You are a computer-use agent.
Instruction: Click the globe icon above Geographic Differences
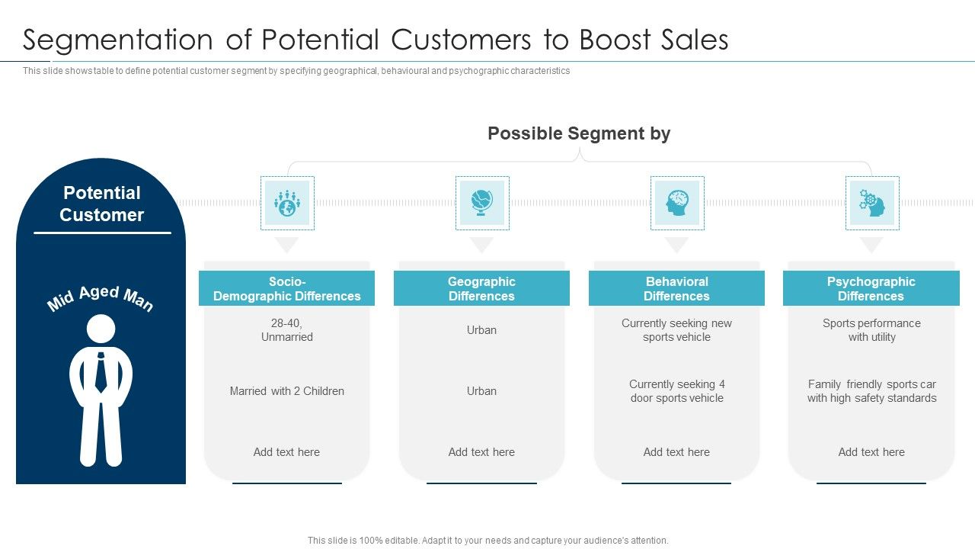click(481, 203)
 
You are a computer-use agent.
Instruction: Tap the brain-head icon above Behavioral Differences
click(676, 203)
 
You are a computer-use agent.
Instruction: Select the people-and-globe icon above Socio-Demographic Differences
click(286, 203)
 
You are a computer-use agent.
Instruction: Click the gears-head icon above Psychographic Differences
click(871, 203)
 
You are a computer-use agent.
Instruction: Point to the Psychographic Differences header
click(871, 289)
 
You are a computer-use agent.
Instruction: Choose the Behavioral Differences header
click(676, 289)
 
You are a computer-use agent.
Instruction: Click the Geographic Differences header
click(481, 289)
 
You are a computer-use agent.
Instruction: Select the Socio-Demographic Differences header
click(286, 289)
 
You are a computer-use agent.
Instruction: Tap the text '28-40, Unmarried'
click(286, 330)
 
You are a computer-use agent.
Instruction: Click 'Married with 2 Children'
click(286, 391)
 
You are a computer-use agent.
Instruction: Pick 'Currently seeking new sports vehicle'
click(676, 330)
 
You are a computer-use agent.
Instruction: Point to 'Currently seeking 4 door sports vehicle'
click(676, 391)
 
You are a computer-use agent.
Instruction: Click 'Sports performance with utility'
click(871, 330)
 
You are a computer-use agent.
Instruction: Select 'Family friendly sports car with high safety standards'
click(871, 391)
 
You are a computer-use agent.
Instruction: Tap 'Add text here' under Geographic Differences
click(481, 452)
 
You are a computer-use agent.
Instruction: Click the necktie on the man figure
click(101, 373)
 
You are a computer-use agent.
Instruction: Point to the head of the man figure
click(101, 329)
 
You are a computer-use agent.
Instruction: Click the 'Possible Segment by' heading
click(579, 133)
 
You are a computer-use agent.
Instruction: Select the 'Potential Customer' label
click(101, 204)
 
